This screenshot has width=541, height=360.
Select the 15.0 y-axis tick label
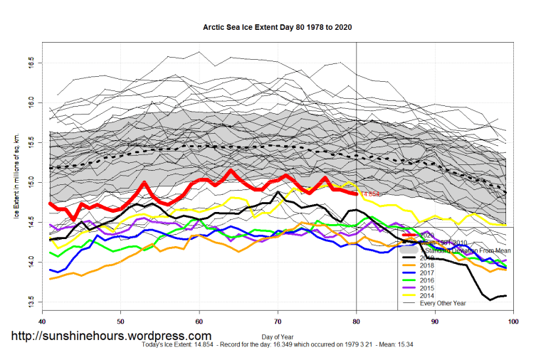tap(31, 184)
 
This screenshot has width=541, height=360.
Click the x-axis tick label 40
tap(43, 322)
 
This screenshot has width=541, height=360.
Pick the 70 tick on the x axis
tap(278, 322)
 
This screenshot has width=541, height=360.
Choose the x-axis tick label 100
tap(512, 322)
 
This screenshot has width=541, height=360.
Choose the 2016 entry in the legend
tap(434, 287)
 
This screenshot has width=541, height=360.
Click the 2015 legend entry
tap(434, 295)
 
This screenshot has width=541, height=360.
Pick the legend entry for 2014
tap(434, 304)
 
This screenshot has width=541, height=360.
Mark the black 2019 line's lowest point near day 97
tap(490, 300)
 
